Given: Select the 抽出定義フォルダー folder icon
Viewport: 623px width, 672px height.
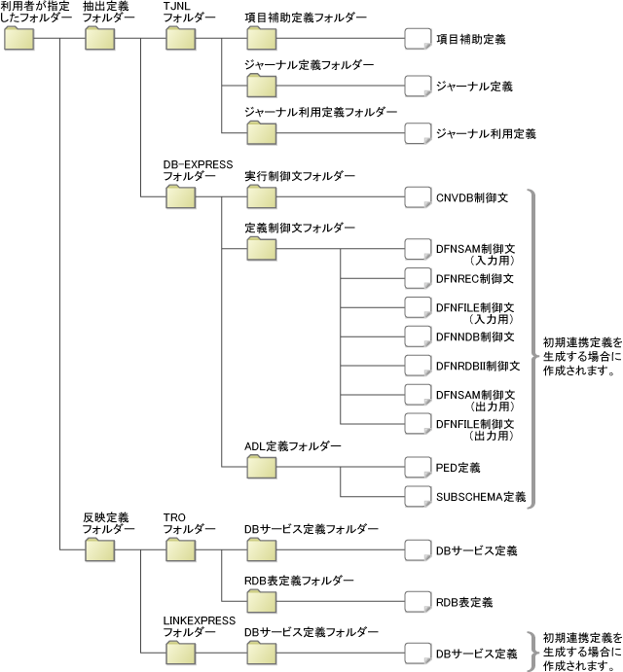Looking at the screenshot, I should pyautogui.click(x=100, y=39).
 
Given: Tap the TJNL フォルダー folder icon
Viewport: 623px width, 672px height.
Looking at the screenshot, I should pyautogui.click(x=181, y=39).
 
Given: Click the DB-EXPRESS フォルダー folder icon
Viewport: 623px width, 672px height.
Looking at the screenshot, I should pyautogui.click(x=181, y=197).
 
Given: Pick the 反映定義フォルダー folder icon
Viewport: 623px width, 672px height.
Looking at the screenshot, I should pyautogui.click(x=100, y=549).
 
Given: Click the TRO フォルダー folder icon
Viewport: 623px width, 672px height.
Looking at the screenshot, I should pyautogui.click(x=181, y=549).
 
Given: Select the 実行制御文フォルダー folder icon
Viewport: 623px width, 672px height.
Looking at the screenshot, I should pyautogui.click(x=262, y=197).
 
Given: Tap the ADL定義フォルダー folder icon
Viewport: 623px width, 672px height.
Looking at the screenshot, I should pyautogui.click(x=262, y=466).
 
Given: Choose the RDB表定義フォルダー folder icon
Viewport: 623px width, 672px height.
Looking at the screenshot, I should pyautogui.click(x=262, y=600).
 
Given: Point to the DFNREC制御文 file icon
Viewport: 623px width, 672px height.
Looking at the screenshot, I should pyautogui.click(x=419, y=278).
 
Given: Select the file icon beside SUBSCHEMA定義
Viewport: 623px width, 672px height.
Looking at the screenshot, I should pyautogui.click(x=419, y=496).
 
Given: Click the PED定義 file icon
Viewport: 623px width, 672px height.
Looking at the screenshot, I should pyautogui.click(x=419, y=467).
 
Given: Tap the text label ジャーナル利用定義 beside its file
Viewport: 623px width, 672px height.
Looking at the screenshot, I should pyautogui.click(x=486, y=133).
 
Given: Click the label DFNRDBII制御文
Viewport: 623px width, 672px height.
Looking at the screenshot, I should pyautogui.click(x=478, y=367).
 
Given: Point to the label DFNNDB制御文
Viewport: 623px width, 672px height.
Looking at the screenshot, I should pyautogui.click(x=475, y=337).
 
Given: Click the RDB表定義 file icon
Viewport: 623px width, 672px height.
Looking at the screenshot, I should pyautogui.click(x=419, y=601).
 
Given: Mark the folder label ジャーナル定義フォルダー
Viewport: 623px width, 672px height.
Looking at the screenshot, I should pyautogui.click(x=309, y=66).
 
